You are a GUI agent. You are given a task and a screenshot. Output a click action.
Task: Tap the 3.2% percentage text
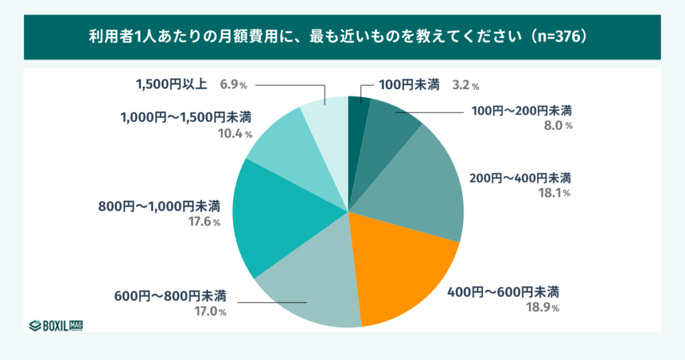(466, 86)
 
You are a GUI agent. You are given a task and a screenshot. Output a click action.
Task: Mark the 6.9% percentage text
(233, 85)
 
